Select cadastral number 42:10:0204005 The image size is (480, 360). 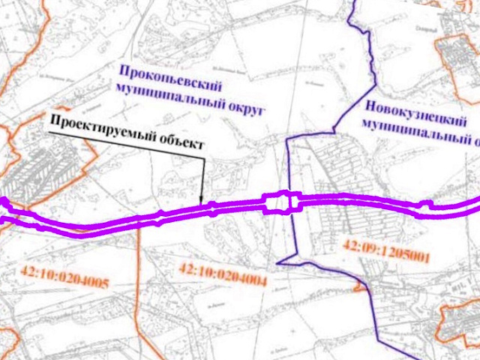click(x=66, y=280)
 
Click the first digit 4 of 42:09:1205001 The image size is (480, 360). click(x=346, y=243)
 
